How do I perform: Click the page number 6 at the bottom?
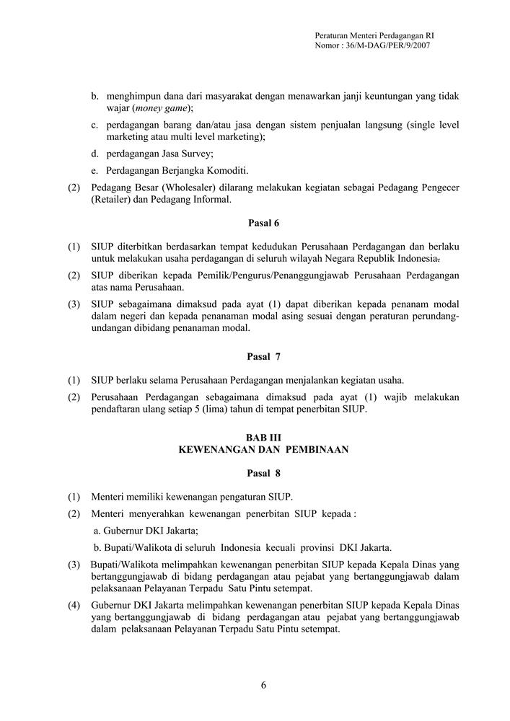(x=263, y=685)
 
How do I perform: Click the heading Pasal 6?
(x=263, y=223)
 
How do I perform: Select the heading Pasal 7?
(x=263, y=356)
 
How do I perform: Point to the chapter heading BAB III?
(x=263, y=438)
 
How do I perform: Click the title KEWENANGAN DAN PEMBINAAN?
(x=263, y=449)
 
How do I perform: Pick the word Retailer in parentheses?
(x=114, y=200)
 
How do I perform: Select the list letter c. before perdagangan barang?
(x=95, y=125)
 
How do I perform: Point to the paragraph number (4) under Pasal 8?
(x=74, y=604)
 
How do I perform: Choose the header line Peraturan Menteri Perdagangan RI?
(x=374, y=35)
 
